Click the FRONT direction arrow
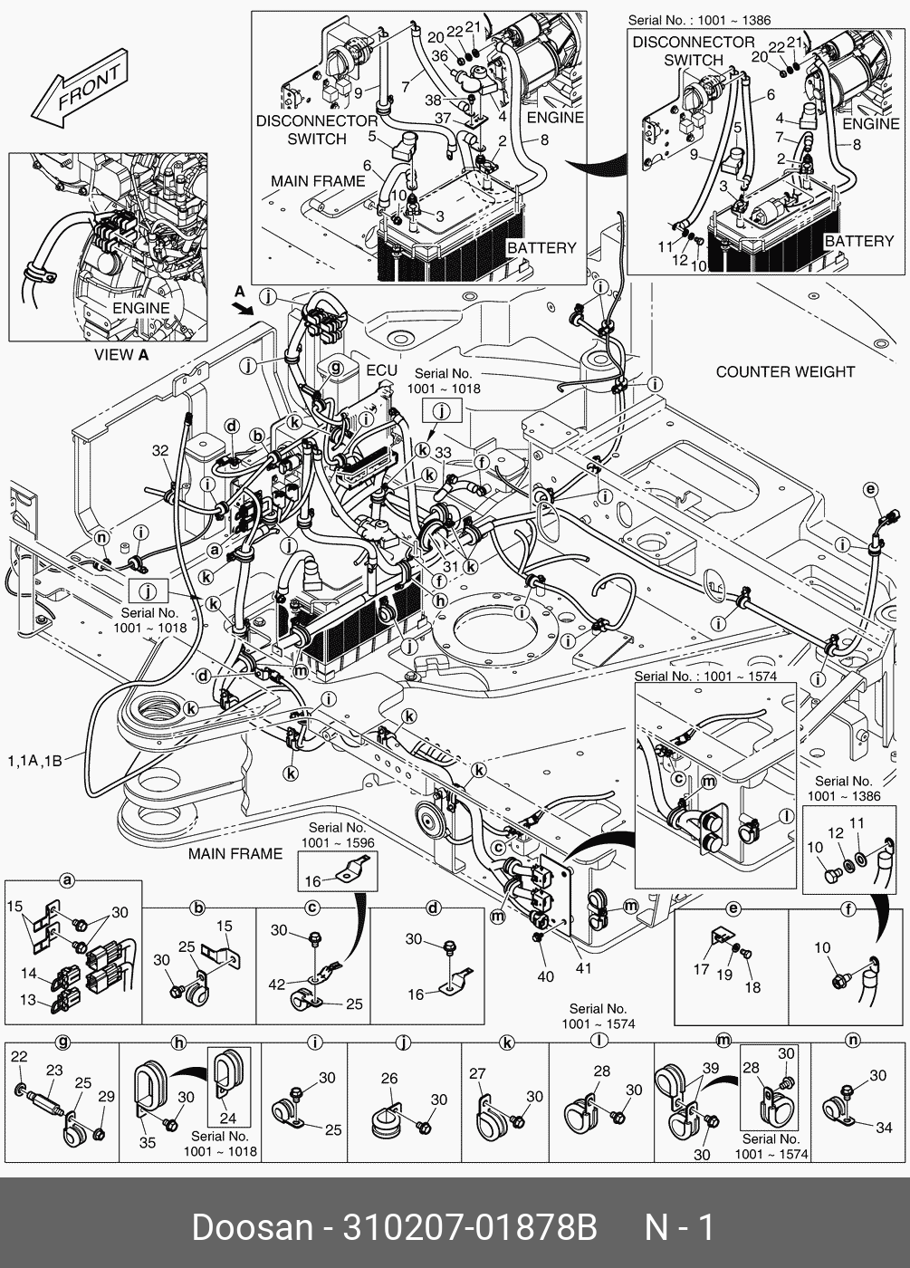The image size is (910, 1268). click(x=79, y=93)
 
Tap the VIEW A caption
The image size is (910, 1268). click(x=121, y=355)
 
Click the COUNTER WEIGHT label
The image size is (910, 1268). click(x=785, y=371)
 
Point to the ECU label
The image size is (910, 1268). click(x=381, y=370)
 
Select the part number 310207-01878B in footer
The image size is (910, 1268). click(x=469, y=1227)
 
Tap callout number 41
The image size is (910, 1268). click(x=583, y=967)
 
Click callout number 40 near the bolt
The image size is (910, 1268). click(x=544, y=976)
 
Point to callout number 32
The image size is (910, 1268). click(x=160, y=450)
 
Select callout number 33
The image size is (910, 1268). click(x=443, y=453)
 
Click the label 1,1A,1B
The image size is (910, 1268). click(x=34, y=761)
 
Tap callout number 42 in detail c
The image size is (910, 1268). click(x=277, y=984)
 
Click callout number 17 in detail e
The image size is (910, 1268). click(x=701, y=969)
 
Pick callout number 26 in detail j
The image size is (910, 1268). click(x=388, y=1079)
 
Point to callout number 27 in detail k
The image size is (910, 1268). click(x=477, y=1074)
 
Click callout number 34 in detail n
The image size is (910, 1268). click(x=884, y=1128)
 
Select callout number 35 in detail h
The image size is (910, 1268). click(x=147, y=1142)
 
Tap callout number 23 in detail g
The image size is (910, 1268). click(x=54, y=1070)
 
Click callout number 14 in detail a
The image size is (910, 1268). click(x=29, y=974)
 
